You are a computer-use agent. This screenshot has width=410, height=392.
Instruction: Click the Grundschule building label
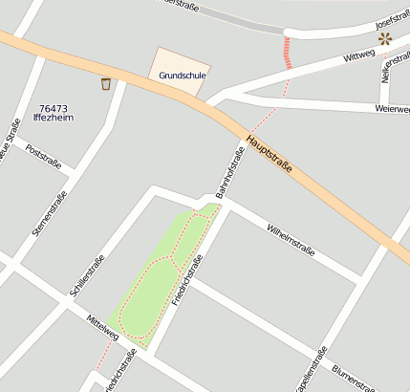[183, 75]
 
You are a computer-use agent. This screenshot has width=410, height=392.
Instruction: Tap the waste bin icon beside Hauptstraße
[105, 84]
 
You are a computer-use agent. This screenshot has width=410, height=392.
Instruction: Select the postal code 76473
[54, 108]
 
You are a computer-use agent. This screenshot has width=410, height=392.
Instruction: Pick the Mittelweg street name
[101, 328]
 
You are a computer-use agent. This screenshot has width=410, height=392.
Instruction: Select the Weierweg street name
[392, 109]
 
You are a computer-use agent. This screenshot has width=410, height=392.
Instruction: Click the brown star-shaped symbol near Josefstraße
[384, 38]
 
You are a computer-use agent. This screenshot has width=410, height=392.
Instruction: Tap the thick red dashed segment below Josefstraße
[286, 52]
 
